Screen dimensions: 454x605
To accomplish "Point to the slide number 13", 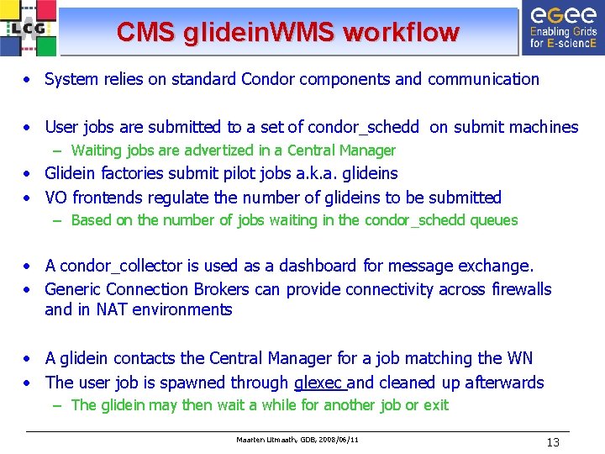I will click(x=552, y=442).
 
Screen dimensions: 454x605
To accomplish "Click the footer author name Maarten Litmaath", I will click(x=266, y=440).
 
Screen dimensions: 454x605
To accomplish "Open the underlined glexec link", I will click(x=319, y=383).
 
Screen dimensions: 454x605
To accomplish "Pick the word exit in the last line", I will click(x=436, y=405).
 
